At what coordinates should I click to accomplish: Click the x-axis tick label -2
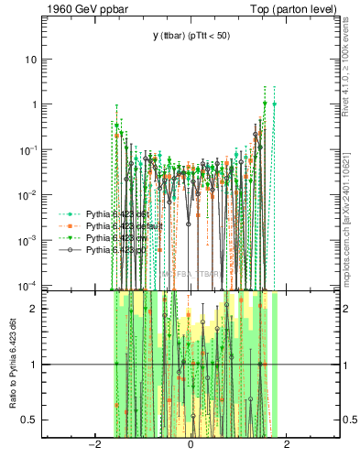pyautogui.click(x=93, y=445)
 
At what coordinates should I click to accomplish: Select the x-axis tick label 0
pyautogui.click(x=190, y=445)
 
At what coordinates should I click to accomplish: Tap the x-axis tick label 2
pyautogui.click(x=287, y=445)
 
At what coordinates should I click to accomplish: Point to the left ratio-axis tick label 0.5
pyautogui.click(x=31, y=420)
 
